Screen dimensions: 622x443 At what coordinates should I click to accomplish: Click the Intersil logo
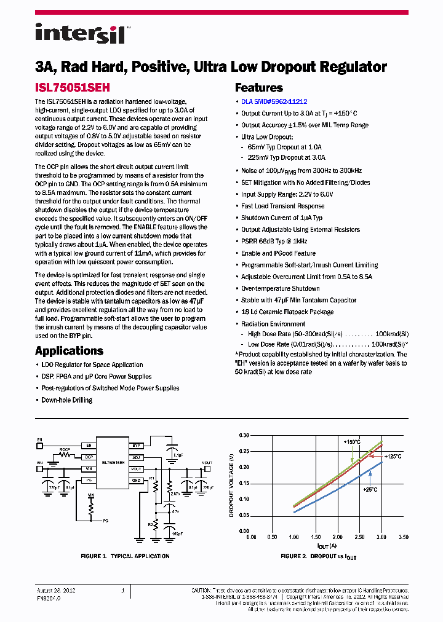[80, 34]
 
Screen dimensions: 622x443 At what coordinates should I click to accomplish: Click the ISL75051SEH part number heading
[72, 88]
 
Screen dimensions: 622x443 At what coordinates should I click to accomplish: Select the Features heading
[259, 88]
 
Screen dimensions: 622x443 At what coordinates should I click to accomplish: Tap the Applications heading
[69, 351]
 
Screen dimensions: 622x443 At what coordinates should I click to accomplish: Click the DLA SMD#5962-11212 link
[274, 102]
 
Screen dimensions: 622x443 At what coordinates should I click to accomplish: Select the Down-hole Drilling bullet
[66, 400]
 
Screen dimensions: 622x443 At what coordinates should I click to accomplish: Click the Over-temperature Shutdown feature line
[280, 288]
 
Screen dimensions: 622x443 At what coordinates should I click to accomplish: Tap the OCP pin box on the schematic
[89, 457]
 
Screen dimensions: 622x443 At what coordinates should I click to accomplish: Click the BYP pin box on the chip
[137, 445]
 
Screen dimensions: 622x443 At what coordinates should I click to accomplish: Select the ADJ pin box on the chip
[137, 457]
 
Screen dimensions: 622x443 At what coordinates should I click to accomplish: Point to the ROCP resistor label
[65, 450]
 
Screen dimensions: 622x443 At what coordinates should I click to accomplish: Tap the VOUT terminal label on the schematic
[207, 462]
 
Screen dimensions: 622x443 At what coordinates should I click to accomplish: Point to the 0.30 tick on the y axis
[244, 435]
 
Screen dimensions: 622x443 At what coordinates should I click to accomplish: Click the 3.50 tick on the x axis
[404, 537]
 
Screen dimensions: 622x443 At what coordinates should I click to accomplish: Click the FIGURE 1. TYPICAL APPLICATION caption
[125, 556]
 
